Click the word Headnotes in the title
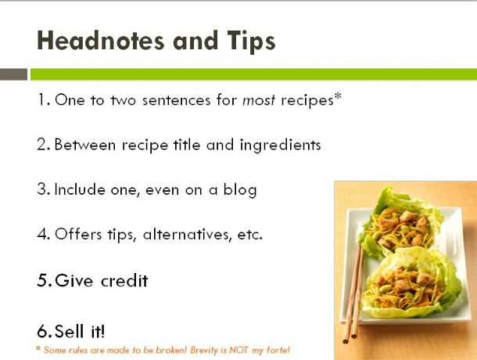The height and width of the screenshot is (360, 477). [x=101, y=41]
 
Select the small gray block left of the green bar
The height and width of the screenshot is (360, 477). [x=13, y=74]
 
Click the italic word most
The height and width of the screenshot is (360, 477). [x=259, y=100]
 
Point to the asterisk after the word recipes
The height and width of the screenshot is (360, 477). [x=338, y=96]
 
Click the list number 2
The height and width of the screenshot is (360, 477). [x=41, y=144]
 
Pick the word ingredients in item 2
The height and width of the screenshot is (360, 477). [x=280, y=146]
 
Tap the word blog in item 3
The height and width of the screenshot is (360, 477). [x=240, y=190]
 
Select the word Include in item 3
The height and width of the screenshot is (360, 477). [x=80, y=189]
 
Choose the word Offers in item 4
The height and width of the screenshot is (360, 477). [x=78, y=234]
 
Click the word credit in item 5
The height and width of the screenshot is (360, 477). [x=124, y=280]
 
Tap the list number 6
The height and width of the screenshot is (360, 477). [x=42, y=331]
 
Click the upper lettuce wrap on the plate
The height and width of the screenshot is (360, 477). [x=401, y=225]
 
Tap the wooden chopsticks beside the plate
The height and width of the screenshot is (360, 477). [x=353, y=293]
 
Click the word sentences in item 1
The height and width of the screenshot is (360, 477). [x=176, y=100]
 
